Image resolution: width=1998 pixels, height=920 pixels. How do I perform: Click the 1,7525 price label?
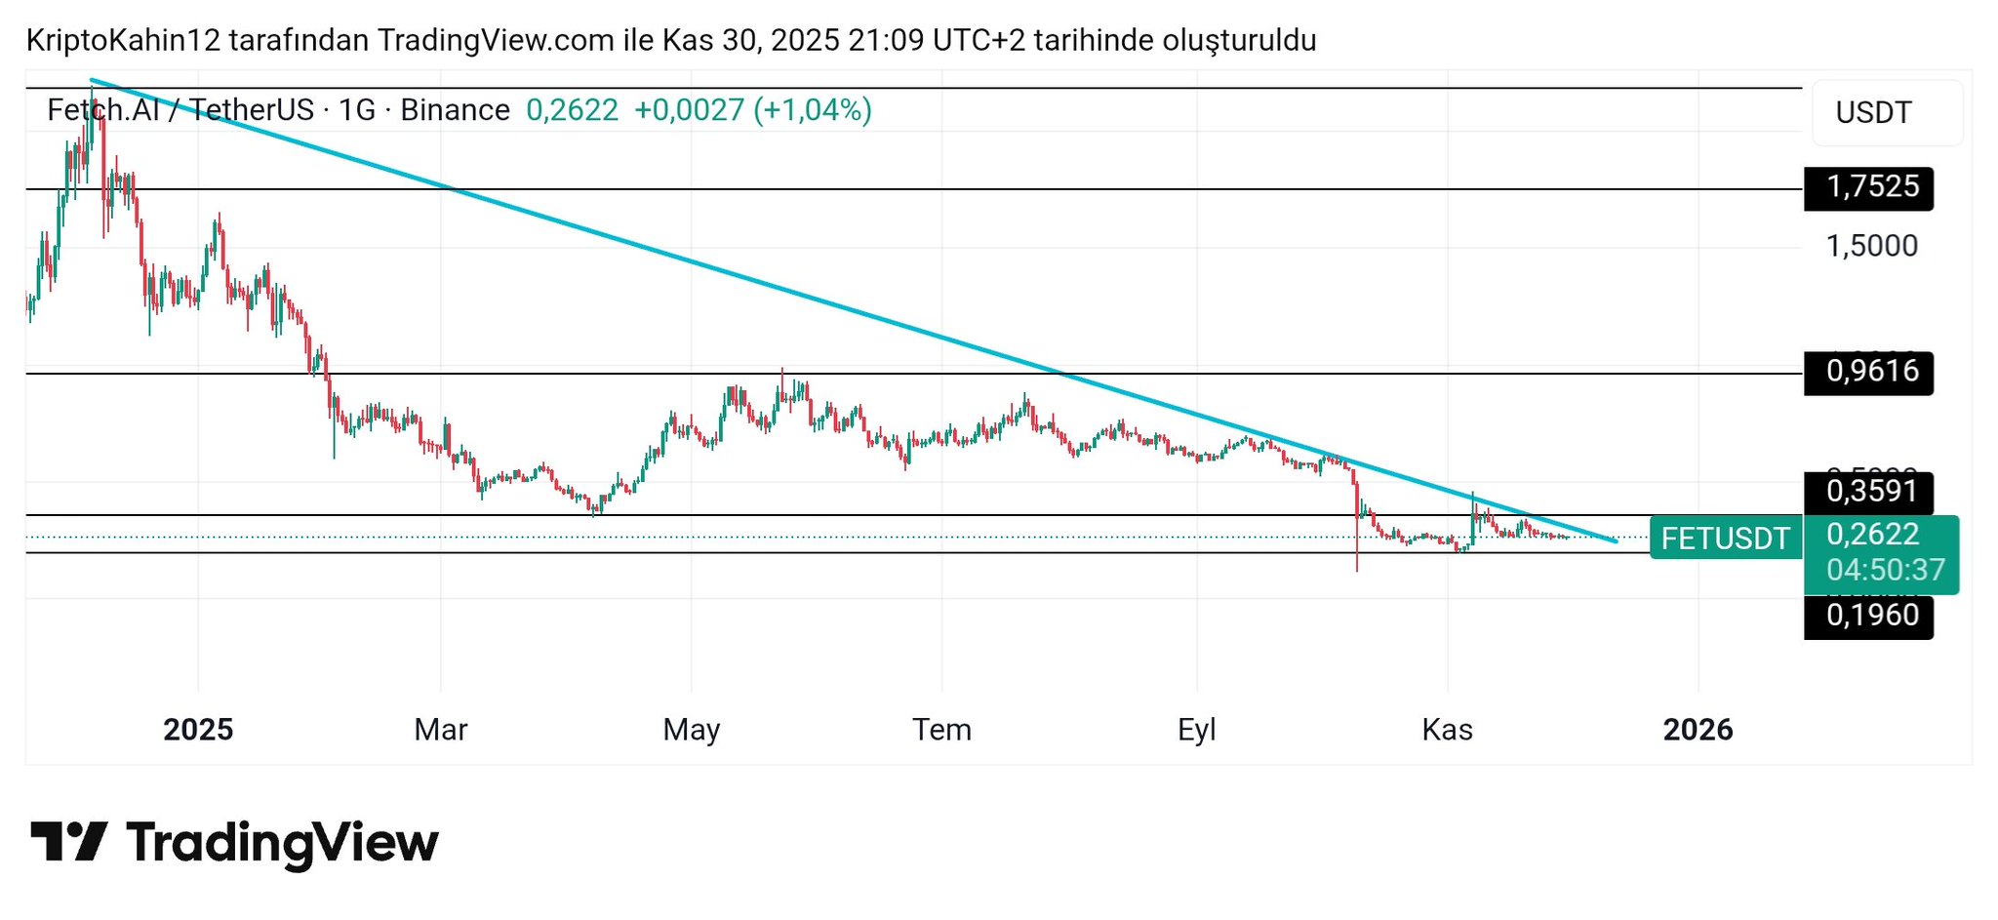1868,187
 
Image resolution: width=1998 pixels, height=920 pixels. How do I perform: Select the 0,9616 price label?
1868,372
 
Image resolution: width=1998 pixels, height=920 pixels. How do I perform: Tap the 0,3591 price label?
1868,491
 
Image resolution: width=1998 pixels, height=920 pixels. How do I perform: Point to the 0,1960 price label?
1868,616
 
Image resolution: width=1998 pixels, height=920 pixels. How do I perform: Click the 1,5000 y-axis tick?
1871,246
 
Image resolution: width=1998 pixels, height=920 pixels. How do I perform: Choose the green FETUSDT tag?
1725,539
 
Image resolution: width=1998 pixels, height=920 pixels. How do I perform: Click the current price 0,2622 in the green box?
1872,535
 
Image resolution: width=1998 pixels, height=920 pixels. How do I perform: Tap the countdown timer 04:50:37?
1885,570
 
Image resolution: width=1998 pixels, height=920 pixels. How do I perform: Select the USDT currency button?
1873,113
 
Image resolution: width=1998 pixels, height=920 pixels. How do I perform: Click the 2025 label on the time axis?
198,730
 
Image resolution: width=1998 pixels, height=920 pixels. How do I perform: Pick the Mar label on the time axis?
441,730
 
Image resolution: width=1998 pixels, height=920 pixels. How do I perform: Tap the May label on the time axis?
691,730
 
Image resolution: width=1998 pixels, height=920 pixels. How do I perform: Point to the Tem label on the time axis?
941,730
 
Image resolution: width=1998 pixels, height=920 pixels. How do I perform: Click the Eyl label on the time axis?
1196,730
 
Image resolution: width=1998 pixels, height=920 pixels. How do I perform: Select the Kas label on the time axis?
1447,730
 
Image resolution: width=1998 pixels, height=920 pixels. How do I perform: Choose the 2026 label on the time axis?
1698,730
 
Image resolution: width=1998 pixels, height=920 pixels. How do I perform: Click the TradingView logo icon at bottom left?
68,841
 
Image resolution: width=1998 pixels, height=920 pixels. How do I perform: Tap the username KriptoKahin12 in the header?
123,41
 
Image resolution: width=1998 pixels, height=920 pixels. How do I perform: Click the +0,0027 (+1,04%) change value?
752,110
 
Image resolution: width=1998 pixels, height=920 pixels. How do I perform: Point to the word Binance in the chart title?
455,110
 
